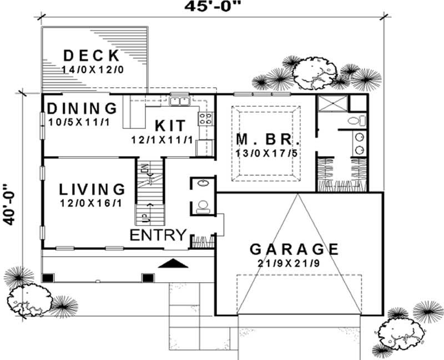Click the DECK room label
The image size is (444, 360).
(x=92, y=56)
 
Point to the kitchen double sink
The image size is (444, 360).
(x=179, y=101)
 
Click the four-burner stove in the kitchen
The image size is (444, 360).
(x=205, y=118)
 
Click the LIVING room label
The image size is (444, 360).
(x=92, y=189)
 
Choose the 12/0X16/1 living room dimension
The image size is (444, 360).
(x=91, y=203)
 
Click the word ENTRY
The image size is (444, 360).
(x=158, y=235)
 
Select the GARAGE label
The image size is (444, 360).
(x=294, y=248)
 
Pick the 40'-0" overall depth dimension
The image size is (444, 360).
(x=7, y=204)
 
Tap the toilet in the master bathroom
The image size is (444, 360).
(x=355, y=121)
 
